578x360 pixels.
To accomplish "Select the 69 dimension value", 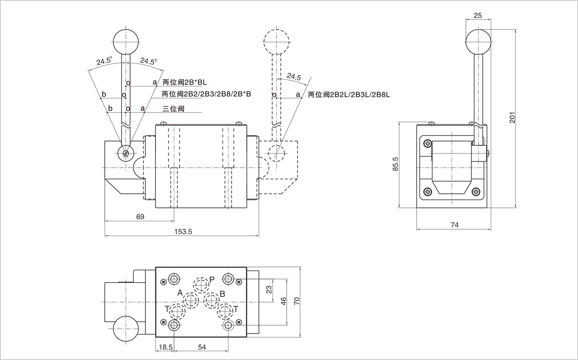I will [x=140, y=217].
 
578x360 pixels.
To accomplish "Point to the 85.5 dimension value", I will [x=395, y=165].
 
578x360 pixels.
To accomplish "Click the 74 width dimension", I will [x=454, y=225].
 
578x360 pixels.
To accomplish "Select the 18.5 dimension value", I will [x=164, y=347].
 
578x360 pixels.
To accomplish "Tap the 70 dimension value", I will [x=297, y=301].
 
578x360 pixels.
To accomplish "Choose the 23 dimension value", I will [x=269, y=290].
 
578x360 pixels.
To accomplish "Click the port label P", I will [x=212, y=279].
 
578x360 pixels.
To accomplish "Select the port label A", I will [x=180, y=292].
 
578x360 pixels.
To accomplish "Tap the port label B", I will [x=222, y=294].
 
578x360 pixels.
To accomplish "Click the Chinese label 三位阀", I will [x=173, y=108].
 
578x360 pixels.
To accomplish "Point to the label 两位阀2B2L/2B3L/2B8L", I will [x=349, y=94].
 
